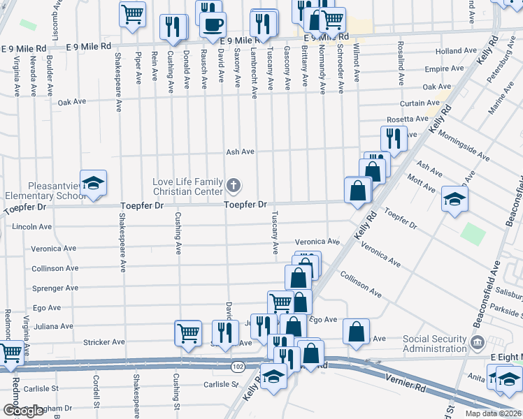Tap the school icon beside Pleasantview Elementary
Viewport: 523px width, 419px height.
93,184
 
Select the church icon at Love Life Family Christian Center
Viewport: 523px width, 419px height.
234,186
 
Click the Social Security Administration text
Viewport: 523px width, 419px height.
434,344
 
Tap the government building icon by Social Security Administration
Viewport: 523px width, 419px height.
478,342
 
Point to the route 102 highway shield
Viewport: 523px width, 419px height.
238,366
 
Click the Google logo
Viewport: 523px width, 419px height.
23,411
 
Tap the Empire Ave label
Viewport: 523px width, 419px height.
444,69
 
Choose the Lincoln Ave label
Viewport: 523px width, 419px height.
32,227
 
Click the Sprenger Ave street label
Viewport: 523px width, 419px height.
56,288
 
